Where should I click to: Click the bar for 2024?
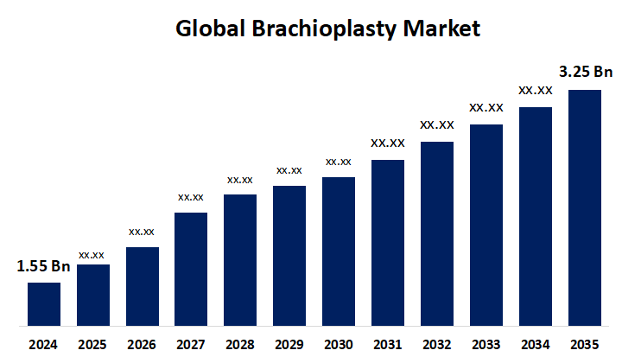[x=43, y=304]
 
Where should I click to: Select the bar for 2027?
[x=190, y=269]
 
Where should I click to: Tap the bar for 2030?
[x=339, y=252]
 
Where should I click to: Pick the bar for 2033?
[x=486, y=225]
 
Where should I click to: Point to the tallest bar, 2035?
[x=584, y=207]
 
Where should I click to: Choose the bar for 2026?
[x=142, y=286]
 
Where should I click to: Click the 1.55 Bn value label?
[x=43, y=267]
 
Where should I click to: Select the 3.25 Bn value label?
[x=586, y=73]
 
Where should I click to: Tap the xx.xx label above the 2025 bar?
[x=92, y=255]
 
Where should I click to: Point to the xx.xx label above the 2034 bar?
[x=535, y=90]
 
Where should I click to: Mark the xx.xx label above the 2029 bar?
[x=289, y=170]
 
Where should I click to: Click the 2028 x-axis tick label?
[x=240, y=345]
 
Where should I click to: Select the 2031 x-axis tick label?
[x=387, y=345]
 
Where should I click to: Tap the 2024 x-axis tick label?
[x=43, y=345]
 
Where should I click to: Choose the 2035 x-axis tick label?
[x=584, y=345]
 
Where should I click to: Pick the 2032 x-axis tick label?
[x=436, y=345]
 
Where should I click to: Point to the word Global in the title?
[x=208, y=29]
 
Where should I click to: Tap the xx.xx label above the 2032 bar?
[x=436, y=125]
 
